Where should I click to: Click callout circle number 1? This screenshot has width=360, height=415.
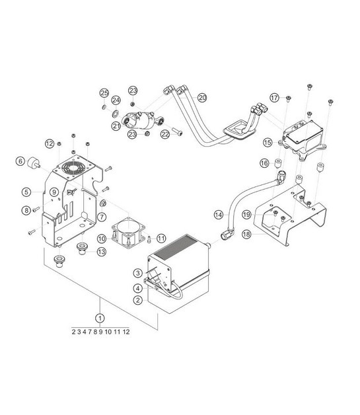(x=100, y=318)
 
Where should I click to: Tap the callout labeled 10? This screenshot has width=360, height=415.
(x=102, y=238)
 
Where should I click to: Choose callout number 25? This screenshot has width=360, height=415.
(x=104, y=92)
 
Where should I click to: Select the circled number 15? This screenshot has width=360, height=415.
(x=268, y=141)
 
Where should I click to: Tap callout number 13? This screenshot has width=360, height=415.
(x=101, y=251)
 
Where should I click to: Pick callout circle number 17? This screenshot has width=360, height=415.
(x=274, y=98)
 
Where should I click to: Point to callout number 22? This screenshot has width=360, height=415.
(x=165, y=134)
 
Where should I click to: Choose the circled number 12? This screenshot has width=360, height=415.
(x=50, y=143)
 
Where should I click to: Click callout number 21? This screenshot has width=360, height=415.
(x=116, y=126)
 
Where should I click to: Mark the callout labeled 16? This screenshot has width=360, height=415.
(x=263, y=163)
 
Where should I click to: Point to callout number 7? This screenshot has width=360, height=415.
(x=102, y=217)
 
